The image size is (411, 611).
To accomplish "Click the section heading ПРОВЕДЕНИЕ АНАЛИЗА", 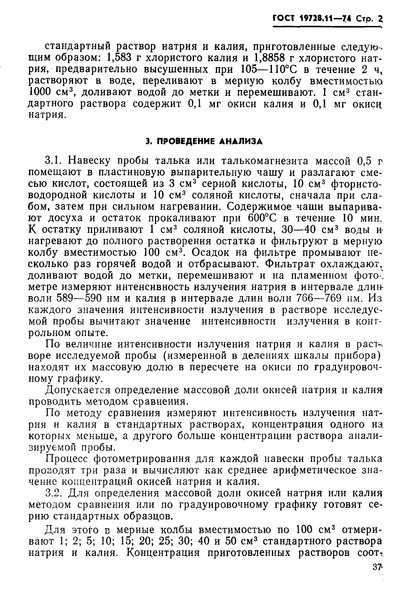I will [204, 141].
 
